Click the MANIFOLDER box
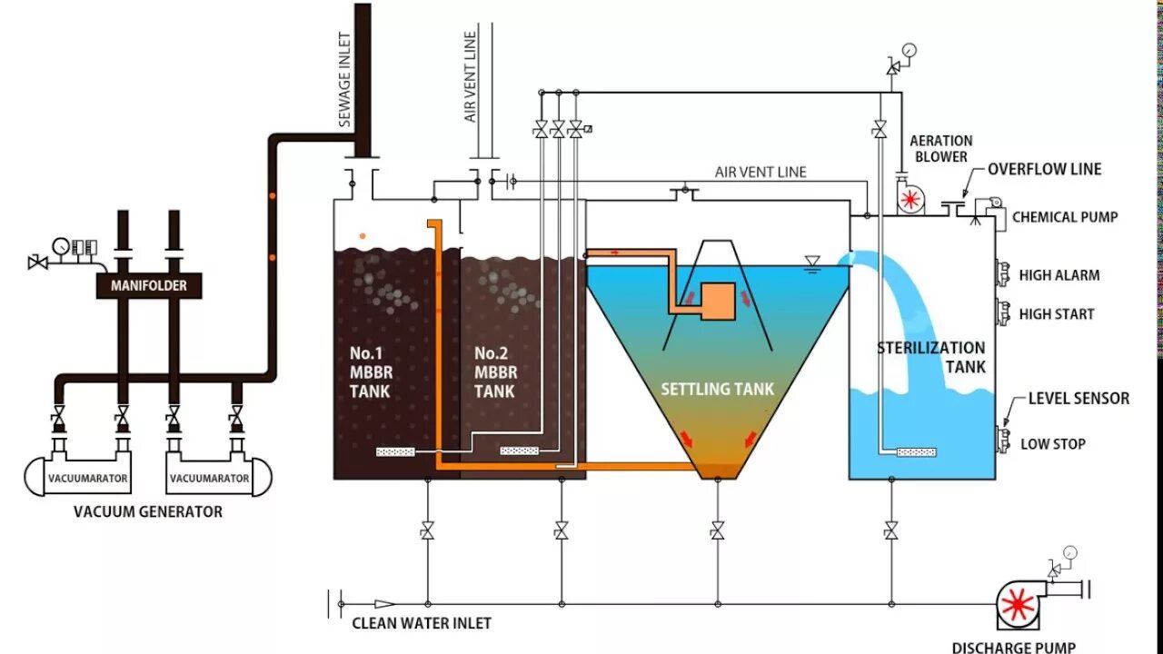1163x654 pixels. pos(148,285)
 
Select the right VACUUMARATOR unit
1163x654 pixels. pos(209,477)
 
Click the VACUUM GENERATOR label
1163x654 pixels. pos(148,511)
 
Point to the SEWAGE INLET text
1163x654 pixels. pos(345,81)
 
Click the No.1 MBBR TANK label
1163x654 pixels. pos(370,372)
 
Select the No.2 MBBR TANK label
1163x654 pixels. pos(496,372)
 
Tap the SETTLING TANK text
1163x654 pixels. pos(717,389)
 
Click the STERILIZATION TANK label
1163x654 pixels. pos(930,357)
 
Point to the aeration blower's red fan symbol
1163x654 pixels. pos(909,200)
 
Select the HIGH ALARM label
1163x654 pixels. pos(1059,275)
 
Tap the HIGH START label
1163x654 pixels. pos(1057,314)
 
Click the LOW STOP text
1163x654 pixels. pos(1052,444)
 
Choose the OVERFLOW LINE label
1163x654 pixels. pos(1044,169)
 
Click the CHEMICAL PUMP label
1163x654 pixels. pos(1065,217)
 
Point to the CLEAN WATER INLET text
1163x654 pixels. pos(422,623)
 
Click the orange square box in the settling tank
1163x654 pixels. pos(717,301)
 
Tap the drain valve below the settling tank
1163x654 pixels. pos(717,530)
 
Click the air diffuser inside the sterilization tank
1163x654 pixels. pos(918,452)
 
